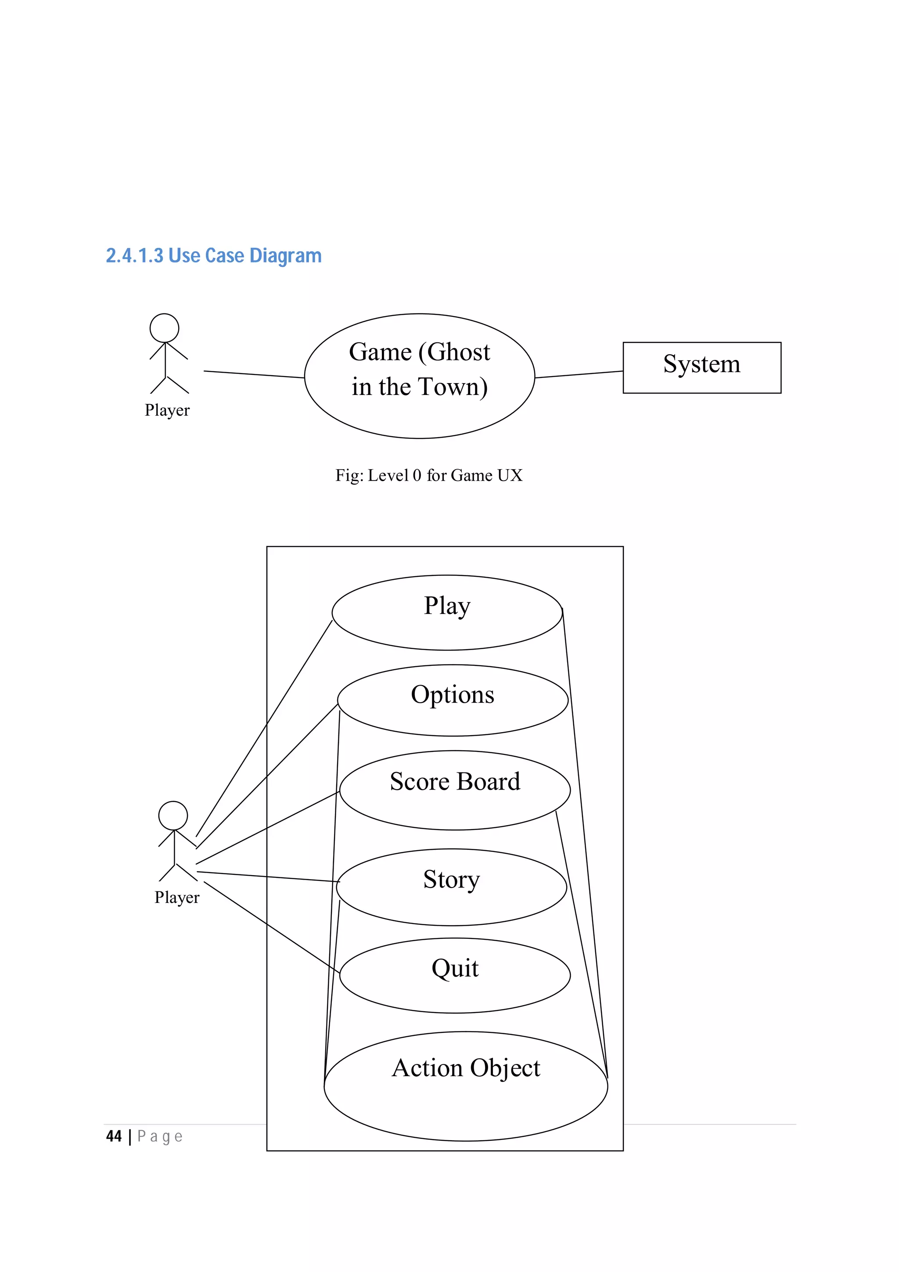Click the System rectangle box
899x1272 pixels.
click(701, 367)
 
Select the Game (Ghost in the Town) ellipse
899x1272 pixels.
click(419, 376)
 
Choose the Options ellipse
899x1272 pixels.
click(452, 700)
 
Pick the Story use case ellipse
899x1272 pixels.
click(451, 887)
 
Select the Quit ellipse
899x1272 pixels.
click(454, 975)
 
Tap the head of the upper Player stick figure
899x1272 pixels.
click(165, 328)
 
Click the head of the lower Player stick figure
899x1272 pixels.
click(173, 816)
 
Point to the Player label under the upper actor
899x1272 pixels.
click(167, 410)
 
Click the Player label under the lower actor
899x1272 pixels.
click(177, 897)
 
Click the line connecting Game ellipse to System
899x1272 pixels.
click(579, 374)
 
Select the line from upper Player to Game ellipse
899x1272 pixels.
click(254, 374)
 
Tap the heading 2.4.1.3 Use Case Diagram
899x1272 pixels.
click(213, 255)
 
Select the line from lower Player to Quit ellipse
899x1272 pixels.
click(271, 927)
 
